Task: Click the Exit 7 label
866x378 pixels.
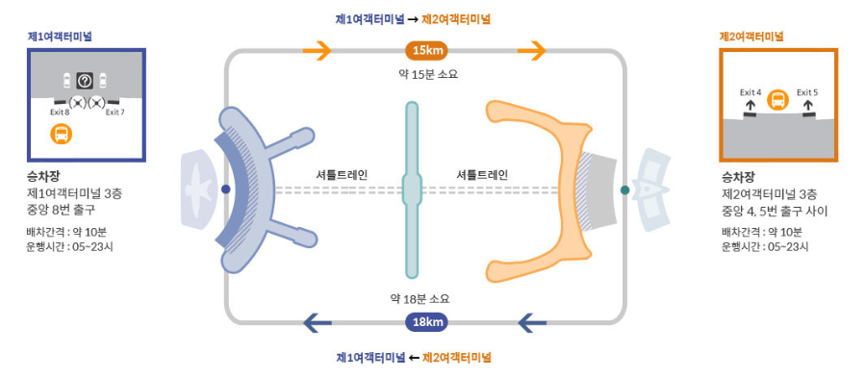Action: [x=115, y=112]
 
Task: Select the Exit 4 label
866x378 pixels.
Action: [x=751, y=92]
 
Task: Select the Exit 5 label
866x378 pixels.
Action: [x=807, y=92]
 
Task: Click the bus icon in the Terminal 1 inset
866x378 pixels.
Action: [x=61, y=134]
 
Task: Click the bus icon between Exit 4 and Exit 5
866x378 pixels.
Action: [x=778, y=99]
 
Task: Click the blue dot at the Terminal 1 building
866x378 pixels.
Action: [x=225, y=189]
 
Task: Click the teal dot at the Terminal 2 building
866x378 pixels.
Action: [x=625, y=189]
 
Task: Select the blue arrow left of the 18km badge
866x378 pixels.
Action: [x=318, y=322]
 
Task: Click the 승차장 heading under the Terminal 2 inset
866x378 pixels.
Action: [x=738, y=177]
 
